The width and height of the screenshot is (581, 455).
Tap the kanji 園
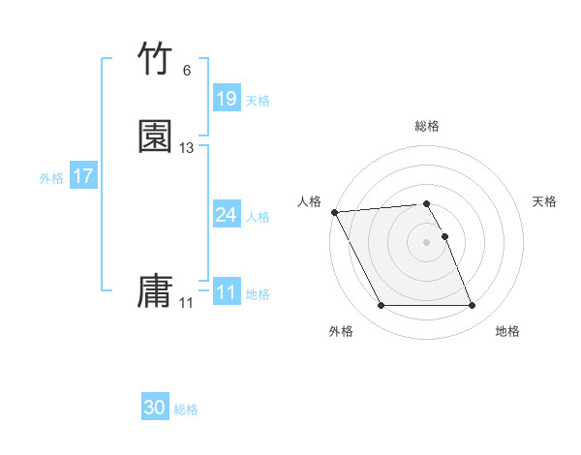(x=155, y=136)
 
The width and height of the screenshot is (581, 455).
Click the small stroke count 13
(x=187, y=148)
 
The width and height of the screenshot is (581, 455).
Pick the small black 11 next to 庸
(x=186, y=303)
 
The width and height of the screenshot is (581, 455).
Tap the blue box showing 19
(x=226, y=99)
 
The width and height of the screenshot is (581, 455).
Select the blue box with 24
(x=226, y=215)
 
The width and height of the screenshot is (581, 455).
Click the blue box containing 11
(x=226, y=292)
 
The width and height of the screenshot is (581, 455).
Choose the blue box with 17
(x=82, y=176)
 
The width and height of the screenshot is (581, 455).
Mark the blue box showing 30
(x=155, y=408)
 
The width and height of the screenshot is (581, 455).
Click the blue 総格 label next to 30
(x=186, y=409)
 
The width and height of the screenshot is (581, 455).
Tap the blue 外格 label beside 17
(x=50, y=178)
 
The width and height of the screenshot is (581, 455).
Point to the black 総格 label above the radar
(x=426, y=126)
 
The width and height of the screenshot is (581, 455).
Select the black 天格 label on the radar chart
(x=544, y=201)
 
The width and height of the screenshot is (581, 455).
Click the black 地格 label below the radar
(x=507, y=331)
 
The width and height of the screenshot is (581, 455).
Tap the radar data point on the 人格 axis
(x=334, y=212)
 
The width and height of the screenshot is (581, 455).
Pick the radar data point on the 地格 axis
(x=472, y=306)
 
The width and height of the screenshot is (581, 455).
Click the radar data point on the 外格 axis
(x=381, y=306)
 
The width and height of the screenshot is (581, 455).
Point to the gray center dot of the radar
(x=426, y=241)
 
